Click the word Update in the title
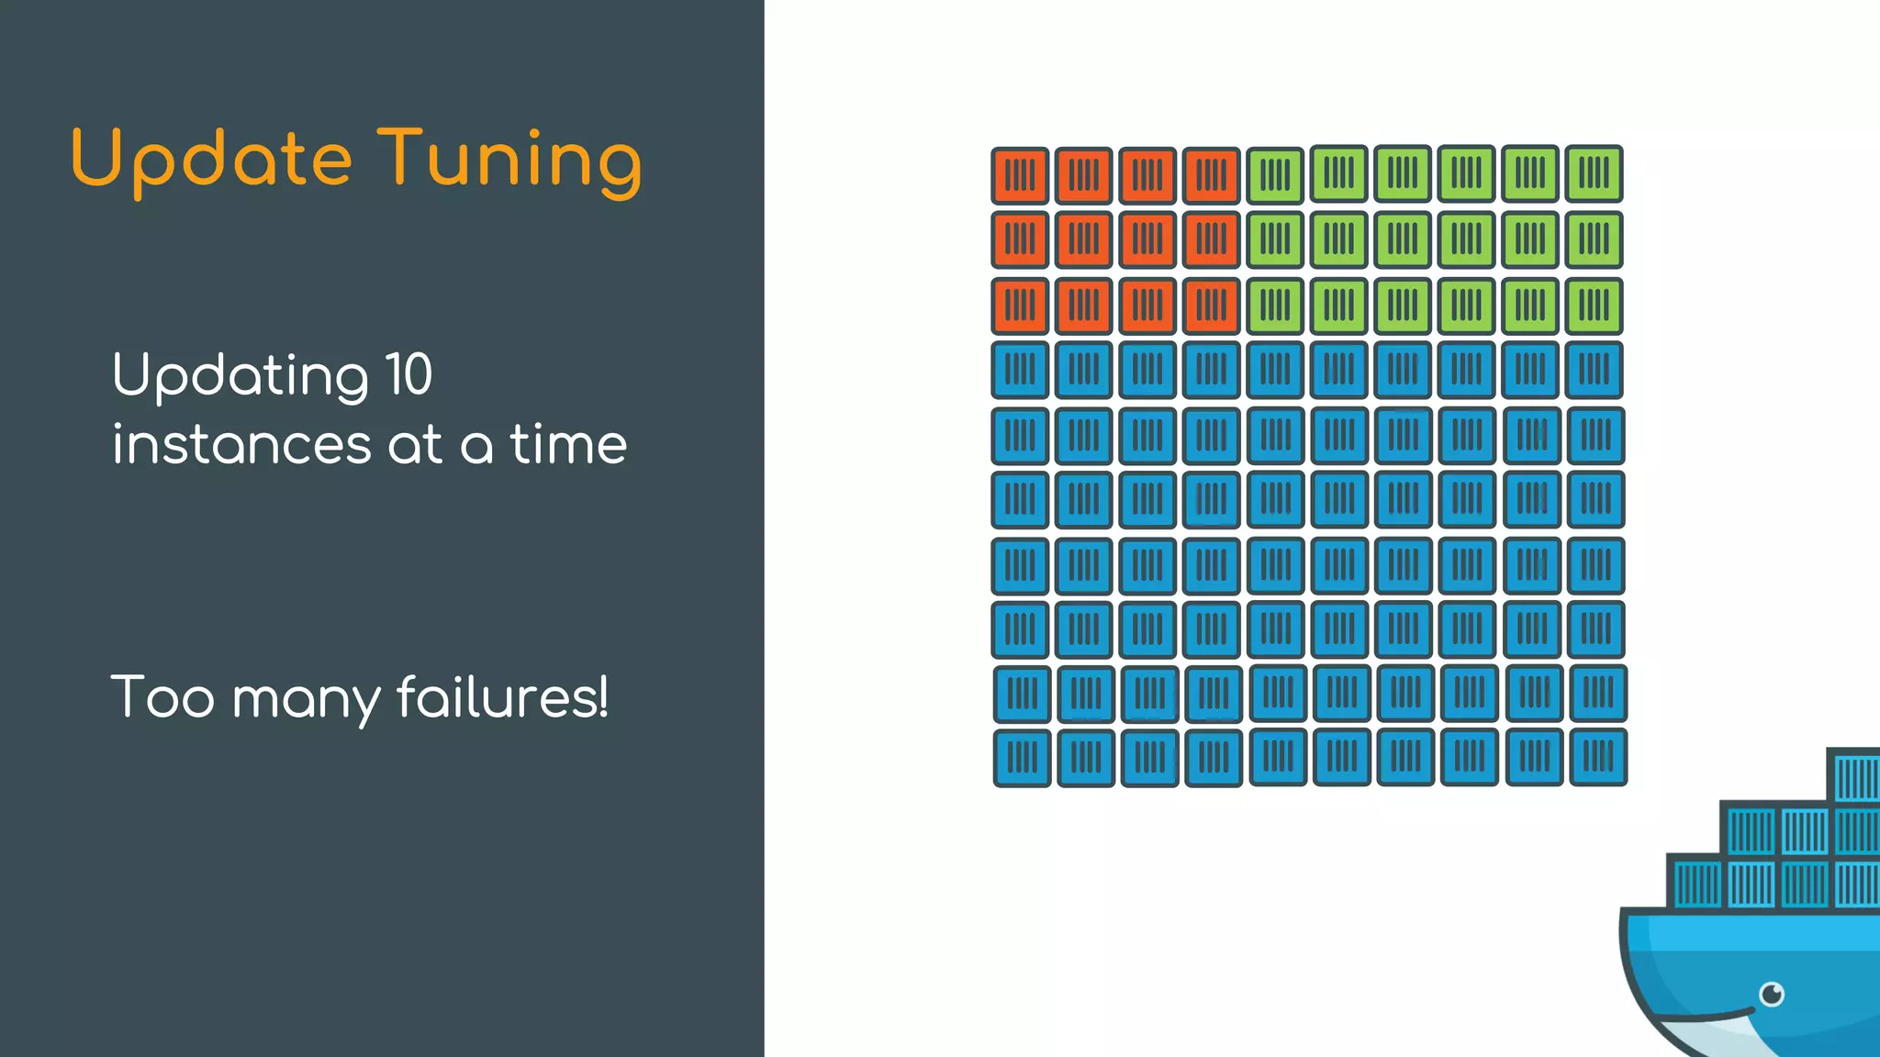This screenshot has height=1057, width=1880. point(211,160)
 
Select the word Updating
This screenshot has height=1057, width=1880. point(240,376)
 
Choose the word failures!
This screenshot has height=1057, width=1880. point(502,696)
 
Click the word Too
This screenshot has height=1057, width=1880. point(162,696)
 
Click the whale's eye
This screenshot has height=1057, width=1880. point(1772,994)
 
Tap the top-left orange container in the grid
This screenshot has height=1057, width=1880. point(1020,175)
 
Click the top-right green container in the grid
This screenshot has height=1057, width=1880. point(1594,173)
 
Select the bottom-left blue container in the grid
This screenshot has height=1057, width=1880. point(1022,758)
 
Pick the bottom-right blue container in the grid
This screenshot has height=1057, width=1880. point(1598,757)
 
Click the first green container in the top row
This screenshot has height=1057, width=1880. point(1275,175)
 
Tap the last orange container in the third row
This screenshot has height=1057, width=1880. point(1211,306)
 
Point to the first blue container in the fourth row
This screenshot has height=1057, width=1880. point(1020,370)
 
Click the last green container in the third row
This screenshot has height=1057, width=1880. point(1594,306)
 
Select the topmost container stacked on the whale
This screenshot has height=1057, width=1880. point(1854,776)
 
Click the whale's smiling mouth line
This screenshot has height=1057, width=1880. point(1707,1017)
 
